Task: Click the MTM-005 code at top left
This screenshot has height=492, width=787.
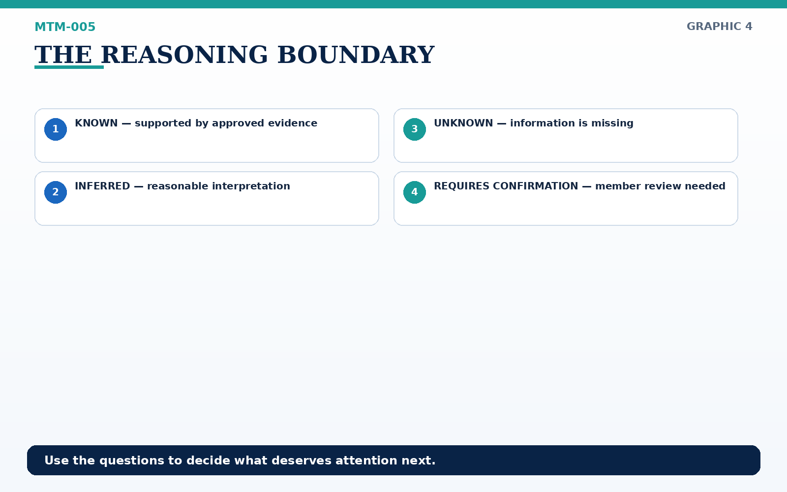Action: (x=65, y=27)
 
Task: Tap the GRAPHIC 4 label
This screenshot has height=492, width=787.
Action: (x=719, y=27)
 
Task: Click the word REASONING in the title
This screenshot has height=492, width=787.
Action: (x=184, y=55)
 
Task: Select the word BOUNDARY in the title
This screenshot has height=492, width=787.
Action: (x=356, y=55)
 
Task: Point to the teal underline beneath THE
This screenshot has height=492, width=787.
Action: (x=69, y=67)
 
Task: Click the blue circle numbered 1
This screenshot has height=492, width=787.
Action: (x=56, y=129)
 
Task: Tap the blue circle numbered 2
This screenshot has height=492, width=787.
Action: (x=56, y=192)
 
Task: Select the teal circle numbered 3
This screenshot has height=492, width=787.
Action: (x=415, y=129)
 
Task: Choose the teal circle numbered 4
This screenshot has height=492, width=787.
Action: (x=415, y=192)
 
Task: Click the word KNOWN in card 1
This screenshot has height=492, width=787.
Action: (x=96, y=123)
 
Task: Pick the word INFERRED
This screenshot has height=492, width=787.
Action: (x=103, y=186)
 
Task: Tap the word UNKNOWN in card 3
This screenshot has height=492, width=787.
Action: (x=463, y=123)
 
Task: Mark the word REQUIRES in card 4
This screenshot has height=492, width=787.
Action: (x=462, y=186)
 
